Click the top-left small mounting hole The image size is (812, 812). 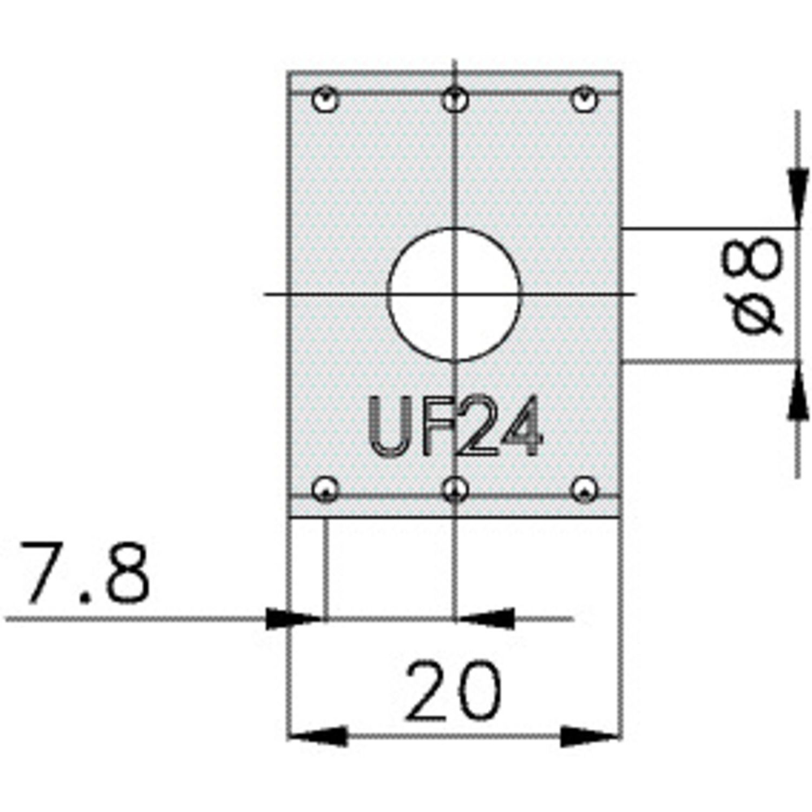tap(326, 100)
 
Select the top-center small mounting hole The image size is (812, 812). tap(455, 100)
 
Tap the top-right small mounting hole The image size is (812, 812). tap(585, 100)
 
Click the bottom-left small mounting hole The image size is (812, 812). tap(326, 490)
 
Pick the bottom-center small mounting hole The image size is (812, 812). tap(455, 490)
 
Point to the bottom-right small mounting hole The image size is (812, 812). tap(585, 490)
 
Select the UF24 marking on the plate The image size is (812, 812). tap(455, 425)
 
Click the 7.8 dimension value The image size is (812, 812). tap(85, 573)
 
